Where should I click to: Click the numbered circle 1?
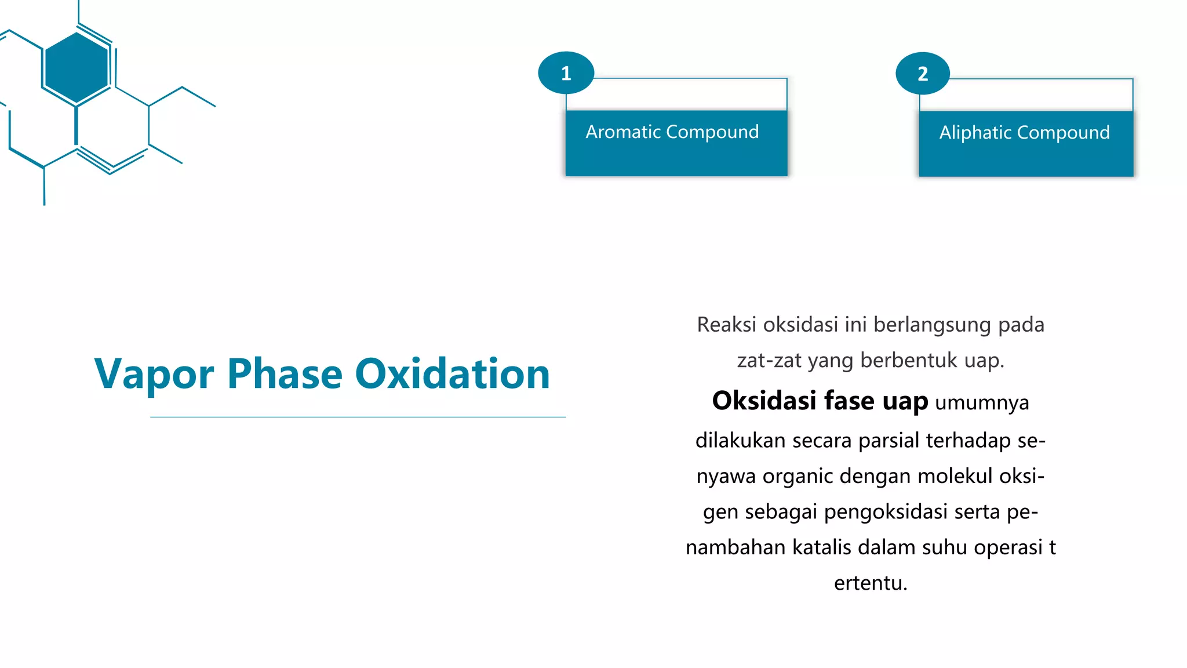[x=566, y=73]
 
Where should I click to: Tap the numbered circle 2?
[x=923, y=74]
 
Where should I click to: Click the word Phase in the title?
[x=285, y=373]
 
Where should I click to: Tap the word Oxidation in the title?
[x=452, y=373]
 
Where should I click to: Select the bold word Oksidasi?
[x=764, y=401]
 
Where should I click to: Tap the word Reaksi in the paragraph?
[x=726, y=325]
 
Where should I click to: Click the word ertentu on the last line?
[x=871, y=583]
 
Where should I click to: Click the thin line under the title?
[x=358, y=417]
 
